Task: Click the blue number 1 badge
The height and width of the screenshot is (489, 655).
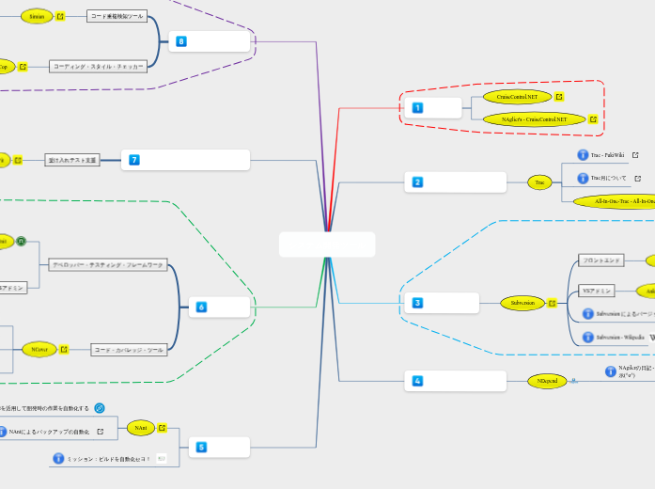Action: point(417,108)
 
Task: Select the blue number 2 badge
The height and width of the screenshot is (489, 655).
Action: point(417,181)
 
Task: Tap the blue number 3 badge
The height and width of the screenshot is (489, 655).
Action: point(417,303)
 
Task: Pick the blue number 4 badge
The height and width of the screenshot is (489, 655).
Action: point(417,381)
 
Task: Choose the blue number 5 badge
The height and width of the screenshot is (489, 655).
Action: point(201,447)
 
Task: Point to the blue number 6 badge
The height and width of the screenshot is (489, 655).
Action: point(201,307)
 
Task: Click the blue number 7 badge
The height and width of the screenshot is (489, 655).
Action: point(134,160)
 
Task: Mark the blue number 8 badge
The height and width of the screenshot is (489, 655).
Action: point(181,41)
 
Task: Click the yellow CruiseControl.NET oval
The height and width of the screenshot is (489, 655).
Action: point(517,96)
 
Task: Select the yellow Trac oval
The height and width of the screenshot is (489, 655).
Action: point(538,182)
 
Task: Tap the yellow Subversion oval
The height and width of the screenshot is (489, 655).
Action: point(522,303)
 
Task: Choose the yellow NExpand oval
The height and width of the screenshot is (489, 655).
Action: point(546,381)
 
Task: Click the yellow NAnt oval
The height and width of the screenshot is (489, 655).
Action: point(139,428)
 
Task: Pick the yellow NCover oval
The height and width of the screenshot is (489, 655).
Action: point(39,349)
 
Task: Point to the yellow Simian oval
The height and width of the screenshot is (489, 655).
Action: point(37,16)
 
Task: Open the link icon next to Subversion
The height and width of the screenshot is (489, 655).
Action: point(552,303)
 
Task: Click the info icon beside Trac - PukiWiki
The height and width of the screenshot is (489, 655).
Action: point(583,154)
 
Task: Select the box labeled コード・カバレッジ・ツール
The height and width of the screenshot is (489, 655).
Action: point(128,350)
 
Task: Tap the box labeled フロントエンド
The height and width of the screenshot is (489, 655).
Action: point(601,260)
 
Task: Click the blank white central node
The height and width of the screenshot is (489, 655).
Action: point(327,244)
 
